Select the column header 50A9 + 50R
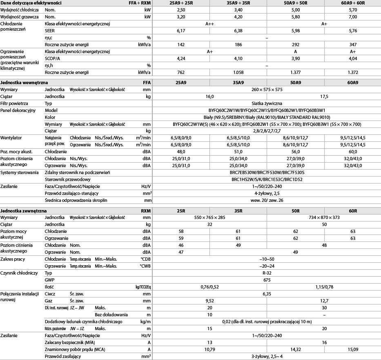pyautogui.click(x=295, y=3)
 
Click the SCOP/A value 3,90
pyautogui.click(x=295, y=58)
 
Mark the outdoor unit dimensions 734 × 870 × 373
pyautogui.click(x=324, y=217)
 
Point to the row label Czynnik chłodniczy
pyautogui.click(x=19, y=273)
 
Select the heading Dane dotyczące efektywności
pyautogui.click(x=31, y=3)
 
